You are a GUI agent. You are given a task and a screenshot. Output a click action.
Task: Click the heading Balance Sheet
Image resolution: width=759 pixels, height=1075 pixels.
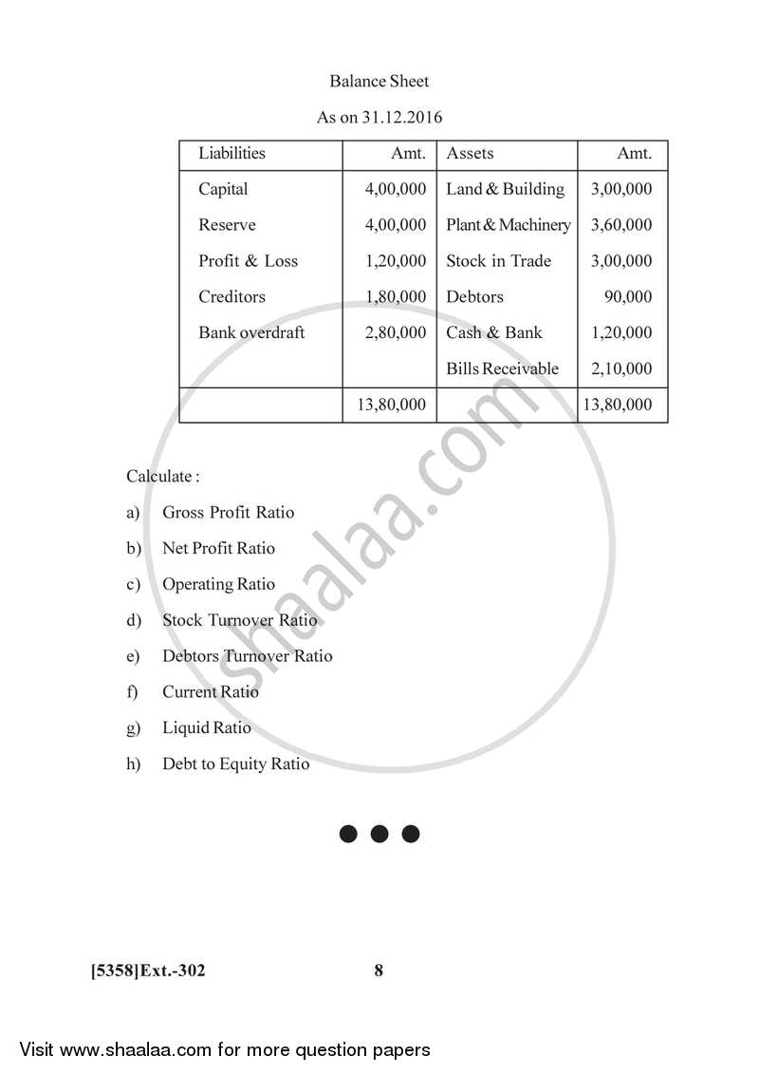379,82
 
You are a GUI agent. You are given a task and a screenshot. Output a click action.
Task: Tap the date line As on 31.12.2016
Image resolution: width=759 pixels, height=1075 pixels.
379,118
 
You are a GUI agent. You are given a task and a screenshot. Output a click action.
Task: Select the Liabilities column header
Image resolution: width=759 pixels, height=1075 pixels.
231,153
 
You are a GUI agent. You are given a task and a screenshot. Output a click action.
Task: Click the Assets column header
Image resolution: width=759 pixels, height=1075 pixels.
470,153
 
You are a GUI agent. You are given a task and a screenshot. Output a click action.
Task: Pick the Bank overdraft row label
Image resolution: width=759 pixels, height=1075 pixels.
251,332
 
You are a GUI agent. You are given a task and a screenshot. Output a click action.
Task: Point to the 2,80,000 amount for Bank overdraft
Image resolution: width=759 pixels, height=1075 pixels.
396,332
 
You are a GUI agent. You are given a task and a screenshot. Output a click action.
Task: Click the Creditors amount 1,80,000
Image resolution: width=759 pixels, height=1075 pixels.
396,296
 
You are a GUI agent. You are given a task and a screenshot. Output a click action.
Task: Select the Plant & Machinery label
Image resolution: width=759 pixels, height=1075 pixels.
509,225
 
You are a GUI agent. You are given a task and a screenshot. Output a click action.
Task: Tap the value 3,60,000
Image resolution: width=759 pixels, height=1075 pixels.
621,225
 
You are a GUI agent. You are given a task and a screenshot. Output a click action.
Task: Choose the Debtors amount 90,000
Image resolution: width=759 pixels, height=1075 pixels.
628,296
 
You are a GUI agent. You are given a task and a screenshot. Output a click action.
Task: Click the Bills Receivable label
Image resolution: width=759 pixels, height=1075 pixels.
502,368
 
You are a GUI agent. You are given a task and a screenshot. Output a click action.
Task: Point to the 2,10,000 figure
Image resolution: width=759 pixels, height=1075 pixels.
621,368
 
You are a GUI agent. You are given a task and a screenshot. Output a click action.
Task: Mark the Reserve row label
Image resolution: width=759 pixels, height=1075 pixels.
227,225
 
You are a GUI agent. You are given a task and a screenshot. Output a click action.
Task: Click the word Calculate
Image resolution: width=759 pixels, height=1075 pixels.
162,476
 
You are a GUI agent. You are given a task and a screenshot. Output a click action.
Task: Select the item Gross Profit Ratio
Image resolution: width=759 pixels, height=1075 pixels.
228,513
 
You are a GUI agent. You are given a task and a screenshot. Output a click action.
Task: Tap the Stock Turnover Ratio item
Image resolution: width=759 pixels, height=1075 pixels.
239,620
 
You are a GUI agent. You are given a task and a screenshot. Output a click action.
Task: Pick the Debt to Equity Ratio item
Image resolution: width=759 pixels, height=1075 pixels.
235,764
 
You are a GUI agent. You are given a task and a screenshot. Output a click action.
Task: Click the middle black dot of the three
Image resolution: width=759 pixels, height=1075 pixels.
379,834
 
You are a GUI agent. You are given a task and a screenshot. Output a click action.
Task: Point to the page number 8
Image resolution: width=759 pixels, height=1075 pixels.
379,971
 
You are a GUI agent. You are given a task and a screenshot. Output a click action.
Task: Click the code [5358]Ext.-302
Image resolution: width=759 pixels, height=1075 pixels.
148,971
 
